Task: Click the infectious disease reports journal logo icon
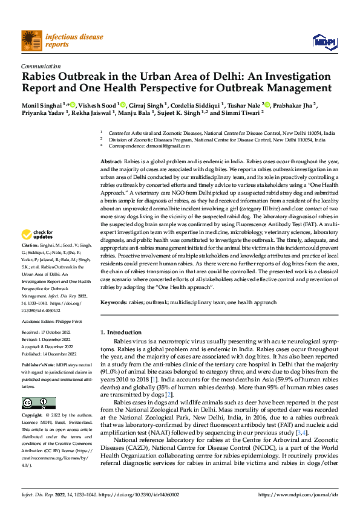[31, 40]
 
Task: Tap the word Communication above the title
[41, 66]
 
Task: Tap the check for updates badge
[38, 235]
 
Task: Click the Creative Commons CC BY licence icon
[38, 404]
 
